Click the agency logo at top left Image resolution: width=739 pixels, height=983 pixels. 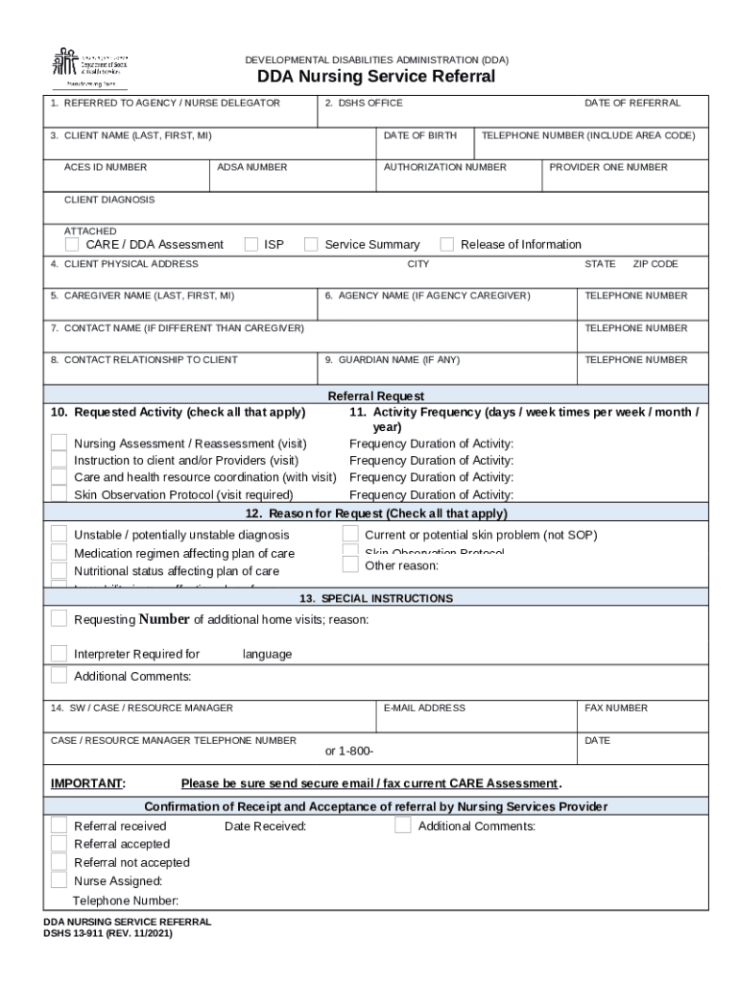pyautogui.click(x=89, y=66)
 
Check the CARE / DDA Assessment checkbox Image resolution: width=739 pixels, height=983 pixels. pyautogui.click(x=73, y=244)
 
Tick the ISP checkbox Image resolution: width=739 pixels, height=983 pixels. pyautogui.click(x=251, y=244)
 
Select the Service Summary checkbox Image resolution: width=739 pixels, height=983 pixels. pyautogui.click(x=311, y=244)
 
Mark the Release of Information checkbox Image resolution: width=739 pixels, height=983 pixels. pyautogui.click(x=446, y=244)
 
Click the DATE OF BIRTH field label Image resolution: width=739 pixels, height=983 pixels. pyautogui.click(x=419, y=135)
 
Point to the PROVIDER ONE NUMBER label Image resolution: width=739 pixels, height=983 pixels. pyautogui.click(x=608, y=167)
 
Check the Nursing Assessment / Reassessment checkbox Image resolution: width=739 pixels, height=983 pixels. pyautogui.click(x=60, y=443)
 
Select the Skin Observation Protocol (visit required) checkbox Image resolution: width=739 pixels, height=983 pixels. pyautogui.click(x=60, y=494)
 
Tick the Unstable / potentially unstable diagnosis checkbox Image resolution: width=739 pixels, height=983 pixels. pyautogui.click(x=60, y=534)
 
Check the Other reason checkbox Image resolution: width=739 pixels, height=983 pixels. pyautogui.click(x=350, y=564)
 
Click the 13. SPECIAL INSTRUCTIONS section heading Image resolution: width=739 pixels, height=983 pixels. pyautogui.click(x=375, y=598)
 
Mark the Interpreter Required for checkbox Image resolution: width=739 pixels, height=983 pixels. pyautogui.click(x=60, y=654)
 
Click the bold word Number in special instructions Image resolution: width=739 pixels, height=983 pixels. pyautogui.click(x=163, y=619)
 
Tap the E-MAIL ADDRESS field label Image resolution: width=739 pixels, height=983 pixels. pyautogui.click(x=424, y=707)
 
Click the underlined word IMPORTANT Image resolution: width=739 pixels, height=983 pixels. pyautogui.click(x=87, y=783)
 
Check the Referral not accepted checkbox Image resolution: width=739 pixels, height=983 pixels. pyautogui.click(x=60, y=862)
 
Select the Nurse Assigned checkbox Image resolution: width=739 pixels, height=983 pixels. pyautogui.click(x=60, y=880)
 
